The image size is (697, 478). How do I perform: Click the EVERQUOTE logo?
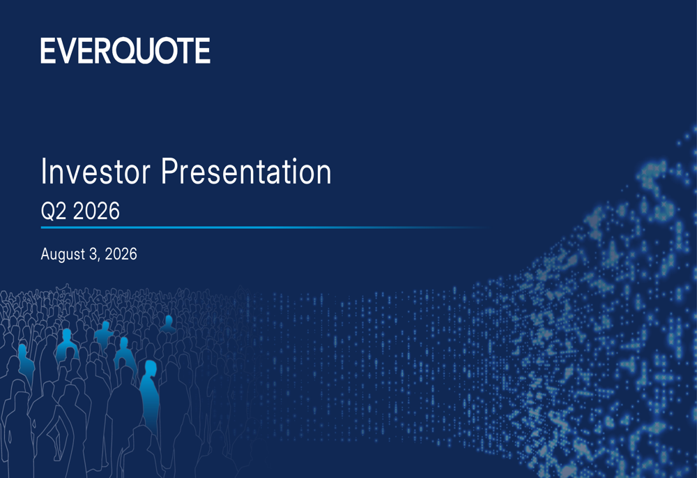coord(125,50)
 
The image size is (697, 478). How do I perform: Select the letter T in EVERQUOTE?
coord(185,50)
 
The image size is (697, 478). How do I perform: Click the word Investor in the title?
coord(95,172)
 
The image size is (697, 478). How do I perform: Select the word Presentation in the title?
coord(246,172)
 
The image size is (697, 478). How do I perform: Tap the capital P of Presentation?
coord(169,171)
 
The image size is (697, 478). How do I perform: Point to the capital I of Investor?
coord(43,171)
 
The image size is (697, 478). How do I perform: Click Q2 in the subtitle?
coord(54,211)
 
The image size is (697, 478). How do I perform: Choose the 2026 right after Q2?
coord(96,211)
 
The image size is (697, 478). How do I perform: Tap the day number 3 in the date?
coord(93,254)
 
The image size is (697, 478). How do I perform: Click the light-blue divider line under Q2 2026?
coord(264,227)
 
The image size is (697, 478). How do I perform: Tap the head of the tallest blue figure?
coord(151,368)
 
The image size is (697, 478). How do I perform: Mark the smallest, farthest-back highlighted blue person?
coord(168,324)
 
